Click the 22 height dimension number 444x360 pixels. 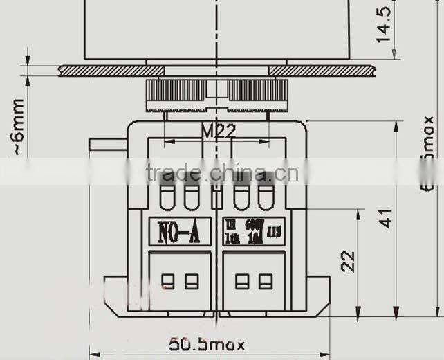click(349, 260)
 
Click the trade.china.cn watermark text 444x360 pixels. click(223, 173)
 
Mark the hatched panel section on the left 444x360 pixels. click(111, 71)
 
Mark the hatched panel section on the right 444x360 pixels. click(321, 71)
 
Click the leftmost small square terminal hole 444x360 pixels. click(167, 281)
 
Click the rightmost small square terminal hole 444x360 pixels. click(266, 281)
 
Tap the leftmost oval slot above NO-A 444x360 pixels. click(167, 197)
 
